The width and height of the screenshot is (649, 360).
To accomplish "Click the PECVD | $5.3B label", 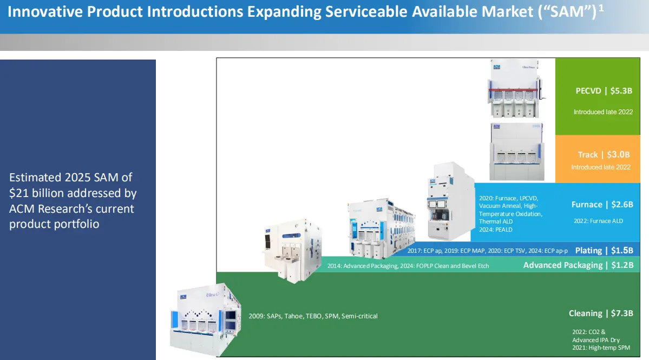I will coord(604,91).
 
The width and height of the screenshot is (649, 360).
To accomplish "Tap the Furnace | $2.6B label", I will coord(602,205).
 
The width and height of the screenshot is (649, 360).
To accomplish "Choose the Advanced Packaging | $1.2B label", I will coord(578,265).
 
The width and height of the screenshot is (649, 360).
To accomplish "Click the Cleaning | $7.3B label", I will coord(601,313).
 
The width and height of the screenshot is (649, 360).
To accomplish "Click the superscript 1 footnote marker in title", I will coord(601,9).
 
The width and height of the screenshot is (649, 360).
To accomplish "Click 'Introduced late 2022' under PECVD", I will coord(603,112).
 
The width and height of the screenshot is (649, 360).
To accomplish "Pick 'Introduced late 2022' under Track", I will coord(601,167).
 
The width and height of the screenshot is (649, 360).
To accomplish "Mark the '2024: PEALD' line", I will coord(495,230).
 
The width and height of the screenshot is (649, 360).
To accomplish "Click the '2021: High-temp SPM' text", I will coord(600,348).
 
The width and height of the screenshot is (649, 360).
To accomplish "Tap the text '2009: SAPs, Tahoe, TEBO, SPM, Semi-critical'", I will coord(313,316).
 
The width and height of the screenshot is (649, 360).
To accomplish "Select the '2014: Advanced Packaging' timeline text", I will coord(363,266).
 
